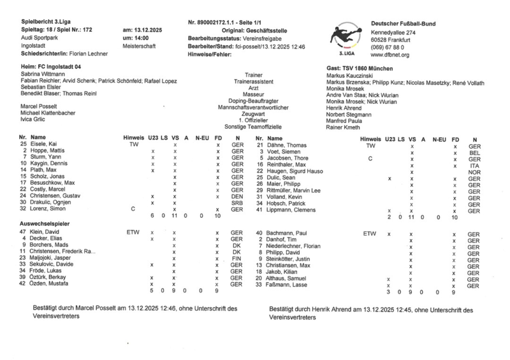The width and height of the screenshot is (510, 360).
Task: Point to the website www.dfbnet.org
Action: click(x=390, y=55)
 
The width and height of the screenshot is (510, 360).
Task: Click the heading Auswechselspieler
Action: click(x=45, y=224)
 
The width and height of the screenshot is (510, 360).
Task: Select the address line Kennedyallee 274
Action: click(x=393, y=31)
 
